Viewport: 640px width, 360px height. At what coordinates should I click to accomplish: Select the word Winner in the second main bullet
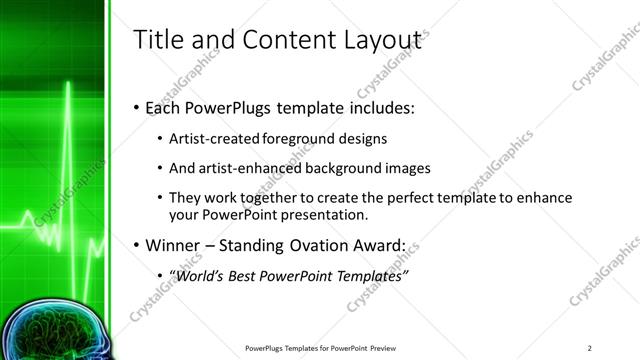pyautogui.click(x=178, y=245)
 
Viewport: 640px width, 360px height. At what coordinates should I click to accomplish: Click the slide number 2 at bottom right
pyautogui.click(x=590, y=348)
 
